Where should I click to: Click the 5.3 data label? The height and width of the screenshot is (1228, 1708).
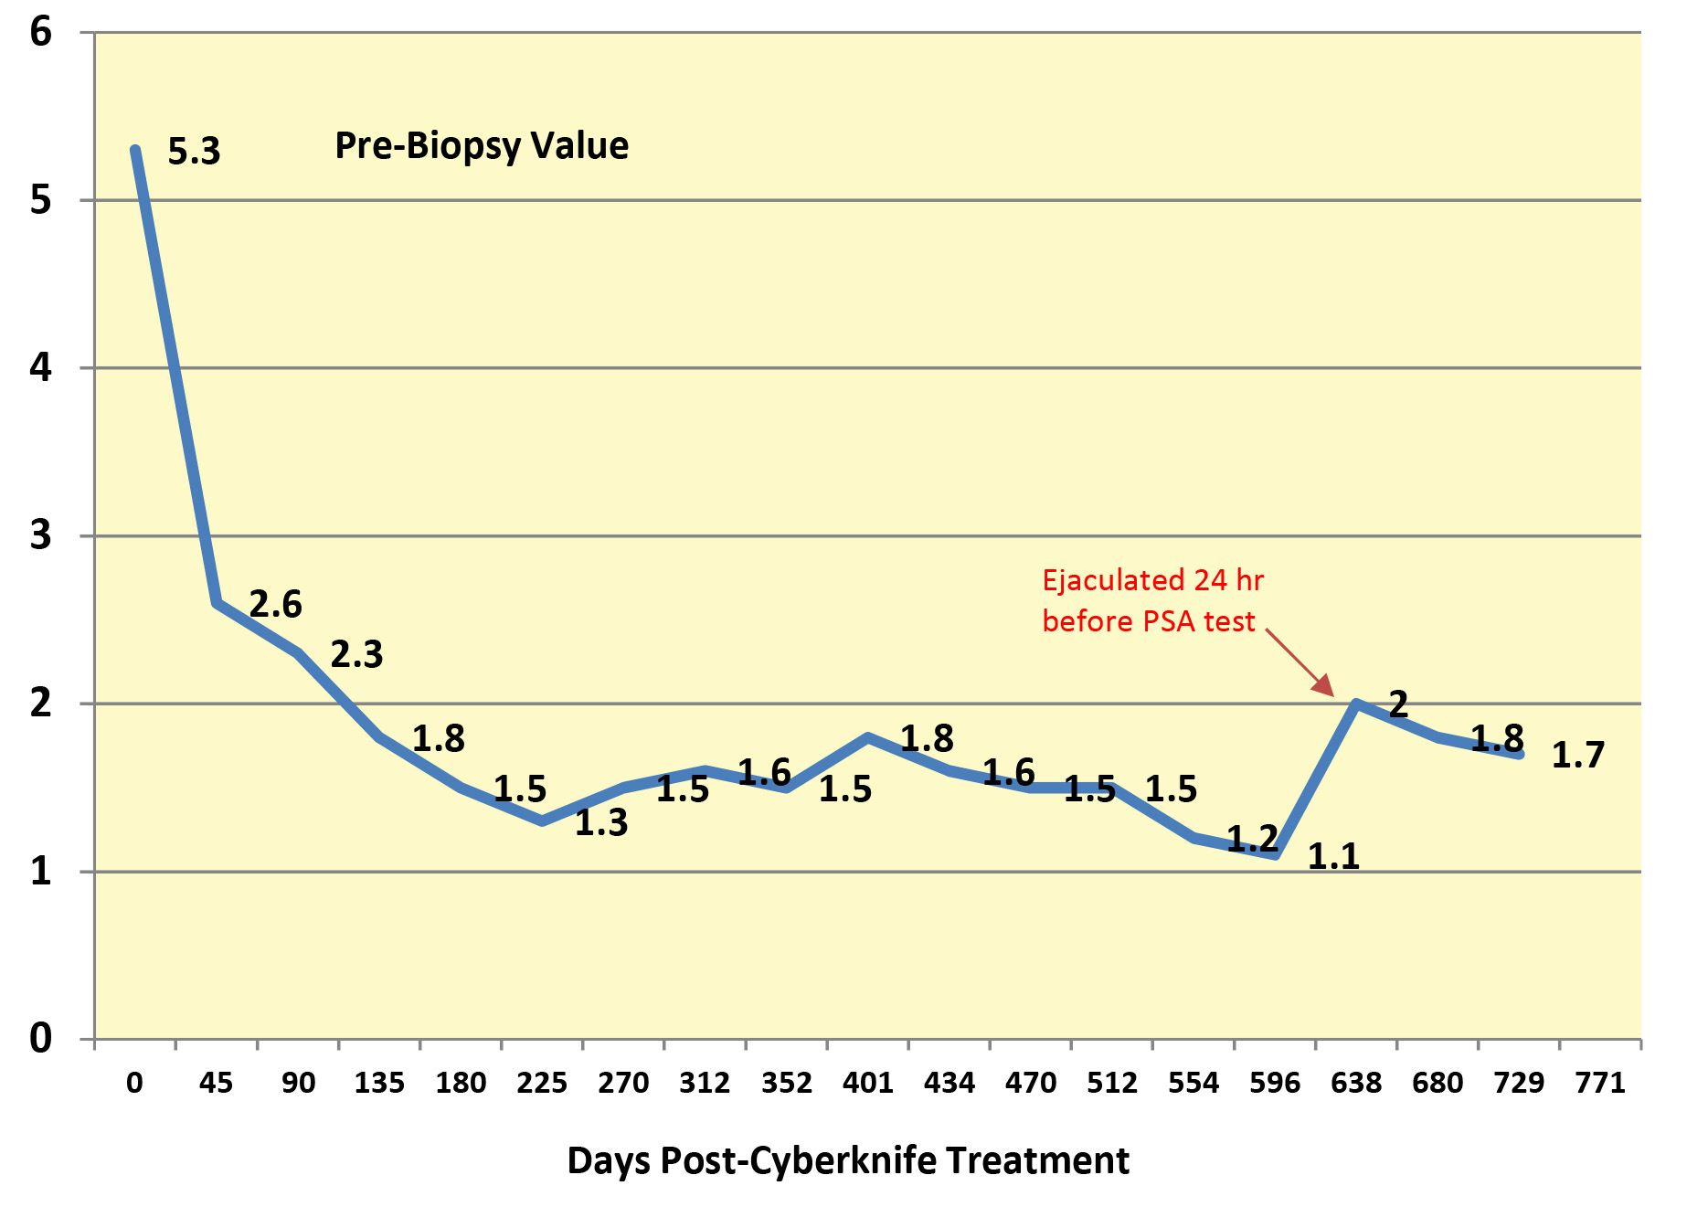[194, 152]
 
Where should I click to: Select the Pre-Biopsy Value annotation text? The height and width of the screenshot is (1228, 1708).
[482, 146]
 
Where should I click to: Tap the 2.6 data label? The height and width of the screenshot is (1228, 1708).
[275, 605]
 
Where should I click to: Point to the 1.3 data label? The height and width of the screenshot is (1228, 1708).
[601, 823]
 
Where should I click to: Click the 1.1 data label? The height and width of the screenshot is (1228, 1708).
[1333, 857]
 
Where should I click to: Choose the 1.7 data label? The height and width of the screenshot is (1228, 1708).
[1578, 756]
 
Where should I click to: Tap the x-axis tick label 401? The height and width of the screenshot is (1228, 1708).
[867, 1084]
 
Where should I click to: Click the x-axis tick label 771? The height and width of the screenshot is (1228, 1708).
[1600, 1084]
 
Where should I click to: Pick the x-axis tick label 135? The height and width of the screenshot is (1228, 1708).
[379, 1084]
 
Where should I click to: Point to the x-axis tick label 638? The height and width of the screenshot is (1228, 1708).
[1356, 1084]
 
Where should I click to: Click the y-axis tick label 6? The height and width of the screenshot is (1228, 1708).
[41, 33]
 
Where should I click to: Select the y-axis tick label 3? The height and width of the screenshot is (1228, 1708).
[41, 535]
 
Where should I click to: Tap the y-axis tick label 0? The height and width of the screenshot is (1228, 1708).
[41, 1039]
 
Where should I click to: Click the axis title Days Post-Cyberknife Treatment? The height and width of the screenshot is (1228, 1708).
[848, 1161]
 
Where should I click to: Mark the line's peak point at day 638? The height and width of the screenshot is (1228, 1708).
[1356, 704]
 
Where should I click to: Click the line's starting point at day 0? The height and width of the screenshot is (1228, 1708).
[135, 150]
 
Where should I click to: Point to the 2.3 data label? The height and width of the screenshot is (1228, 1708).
[356, 655]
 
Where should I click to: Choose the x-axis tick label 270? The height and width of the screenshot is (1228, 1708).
[623, 1084]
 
